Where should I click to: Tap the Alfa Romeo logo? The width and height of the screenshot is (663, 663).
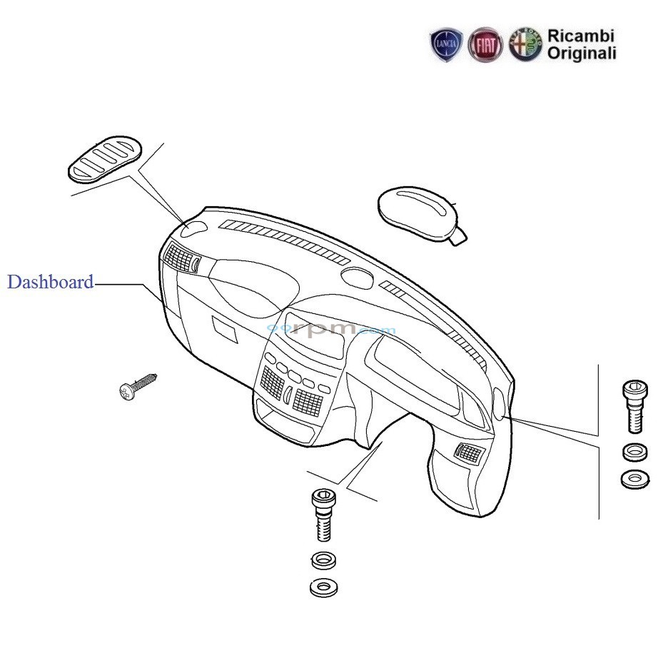[525, 46]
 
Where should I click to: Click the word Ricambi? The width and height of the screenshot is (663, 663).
[580, 36]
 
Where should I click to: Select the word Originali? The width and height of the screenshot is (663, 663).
[582, 54]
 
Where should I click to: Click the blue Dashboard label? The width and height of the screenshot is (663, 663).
[50, 282]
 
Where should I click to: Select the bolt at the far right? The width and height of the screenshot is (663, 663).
[634, 405]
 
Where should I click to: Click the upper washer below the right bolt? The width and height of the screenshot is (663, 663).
[634, 452]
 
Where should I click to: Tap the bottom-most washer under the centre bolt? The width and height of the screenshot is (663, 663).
[324, 587]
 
